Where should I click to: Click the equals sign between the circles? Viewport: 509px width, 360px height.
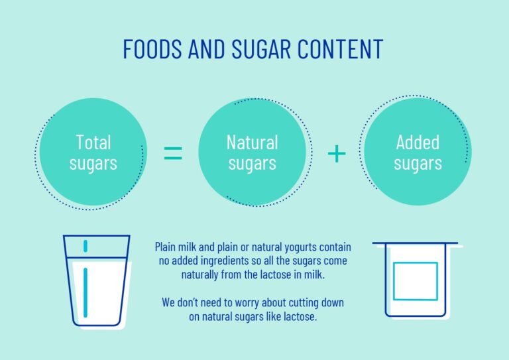pyautogui.click(x=172, y=153)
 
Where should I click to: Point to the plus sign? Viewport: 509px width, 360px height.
pyautogui.click(x=337, y=153)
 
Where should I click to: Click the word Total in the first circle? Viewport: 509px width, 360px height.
pyautogui.click(x=93, y=142)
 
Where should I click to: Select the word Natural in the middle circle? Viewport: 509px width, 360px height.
pyautogui.click(x=252, y=142)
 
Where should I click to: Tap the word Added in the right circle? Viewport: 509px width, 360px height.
pyautogui.click(x=418, y=142)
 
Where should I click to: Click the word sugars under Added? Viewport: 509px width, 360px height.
pyautogui.click(x=418, y=163)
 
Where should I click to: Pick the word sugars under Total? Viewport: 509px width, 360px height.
pyautogui.click(x=93, y=163)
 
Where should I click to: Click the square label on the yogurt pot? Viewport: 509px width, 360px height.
pyautogui.click(x=415, y=281)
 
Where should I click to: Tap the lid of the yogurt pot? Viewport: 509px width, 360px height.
pyautogui.click(x=415, y=244)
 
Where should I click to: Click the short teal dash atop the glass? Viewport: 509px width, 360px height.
pyautogui.click(x=85, y=246)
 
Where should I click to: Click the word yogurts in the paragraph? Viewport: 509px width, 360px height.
pyautogui.click(x=302, y=247)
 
